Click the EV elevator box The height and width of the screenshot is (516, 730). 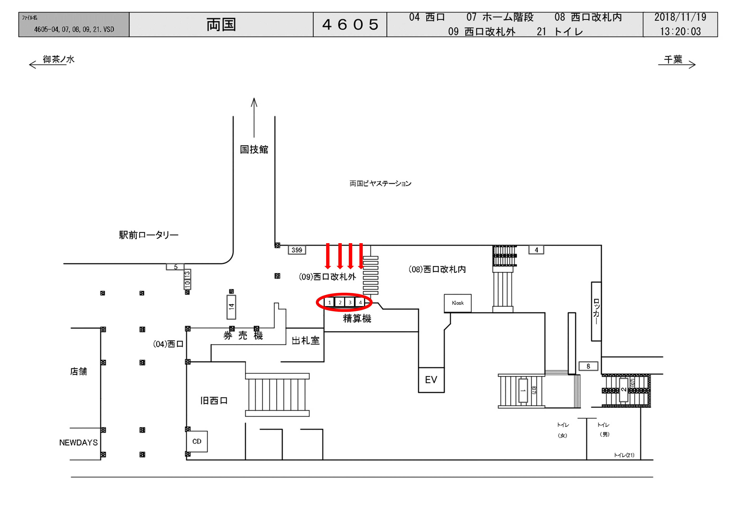431,380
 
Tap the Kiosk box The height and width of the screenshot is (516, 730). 457,303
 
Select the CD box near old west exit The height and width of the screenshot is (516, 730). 197,441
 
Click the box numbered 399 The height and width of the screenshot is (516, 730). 297,250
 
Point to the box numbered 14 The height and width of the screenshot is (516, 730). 231,307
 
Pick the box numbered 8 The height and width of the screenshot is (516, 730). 588,366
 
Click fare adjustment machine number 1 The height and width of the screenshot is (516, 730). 329,302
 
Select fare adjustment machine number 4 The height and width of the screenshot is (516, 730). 360,302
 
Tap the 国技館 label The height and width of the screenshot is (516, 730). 254,149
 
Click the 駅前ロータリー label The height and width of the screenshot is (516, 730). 149,235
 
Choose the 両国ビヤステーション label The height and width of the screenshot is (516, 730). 380,184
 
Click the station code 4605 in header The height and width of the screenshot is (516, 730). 350,25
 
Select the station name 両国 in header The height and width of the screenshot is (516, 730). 221,25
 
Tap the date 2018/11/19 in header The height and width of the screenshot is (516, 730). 680,17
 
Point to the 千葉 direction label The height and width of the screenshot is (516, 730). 673,59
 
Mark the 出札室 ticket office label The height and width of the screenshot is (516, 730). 305,341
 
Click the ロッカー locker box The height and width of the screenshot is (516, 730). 596,311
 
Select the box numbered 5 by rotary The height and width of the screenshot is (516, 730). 175,267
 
